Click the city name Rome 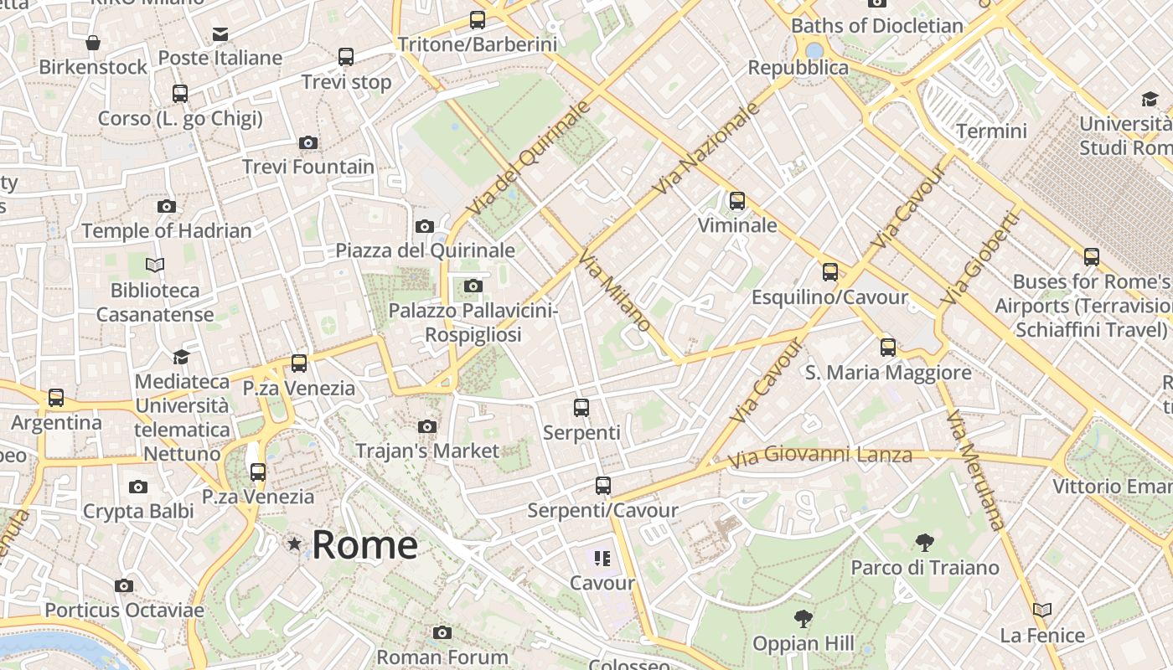(x=364, y=545)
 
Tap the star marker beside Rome (x=294, y=544)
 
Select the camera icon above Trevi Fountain (x=308, y=143)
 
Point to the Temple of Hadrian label (x=166, y=230)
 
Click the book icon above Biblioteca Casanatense (x=154, y=265)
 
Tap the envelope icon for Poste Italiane (x=220, y=34)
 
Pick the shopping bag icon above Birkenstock (x=93, y=42)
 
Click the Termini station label (x=991, y=131)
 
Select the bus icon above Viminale (x=737, y=201)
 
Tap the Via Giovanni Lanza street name (x=819, y=456)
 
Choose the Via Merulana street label (x=974, y=470)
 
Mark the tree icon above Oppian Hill (x=804, y=619)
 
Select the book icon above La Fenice (x=1042, y=611)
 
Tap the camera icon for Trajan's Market (x=427, y=427)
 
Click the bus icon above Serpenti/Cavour (x=602, y=486)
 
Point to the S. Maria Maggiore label (x=888, y=373)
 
